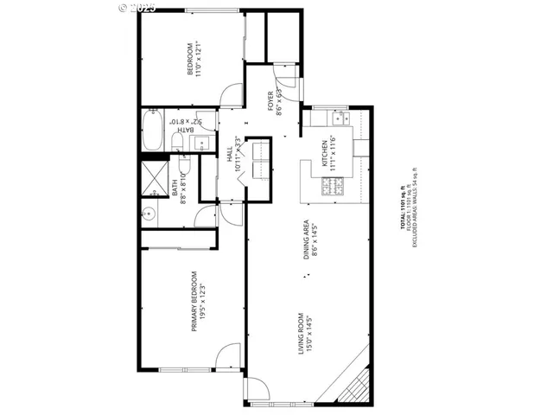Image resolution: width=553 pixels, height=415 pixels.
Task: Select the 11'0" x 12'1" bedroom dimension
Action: coord(198,60)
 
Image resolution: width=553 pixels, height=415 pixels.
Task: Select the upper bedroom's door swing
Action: coord(229,95)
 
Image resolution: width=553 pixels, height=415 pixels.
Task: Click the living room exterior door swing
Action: coord(257,391)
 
